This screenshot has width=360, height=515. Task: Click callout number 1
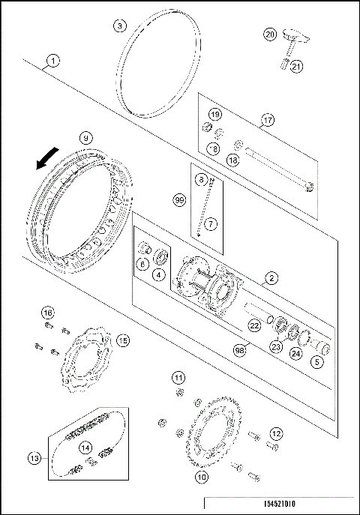tap(52, 59)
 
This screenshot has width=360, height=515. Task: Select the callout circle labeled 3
tap(120, 26)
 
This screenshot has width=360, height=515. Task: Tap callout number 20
tap(271, 34)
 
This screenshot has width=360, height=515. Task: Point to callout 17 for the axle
tap(268, 118)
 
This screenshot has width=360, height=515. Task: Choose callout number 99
tap(179, 200)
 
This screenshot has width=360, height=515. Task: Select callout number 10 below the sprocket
tap(202, 475)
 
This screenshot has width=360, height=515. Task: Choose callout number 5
tap(318, 361)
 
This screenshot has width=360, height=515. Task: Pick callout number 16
tap(47, 312)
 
